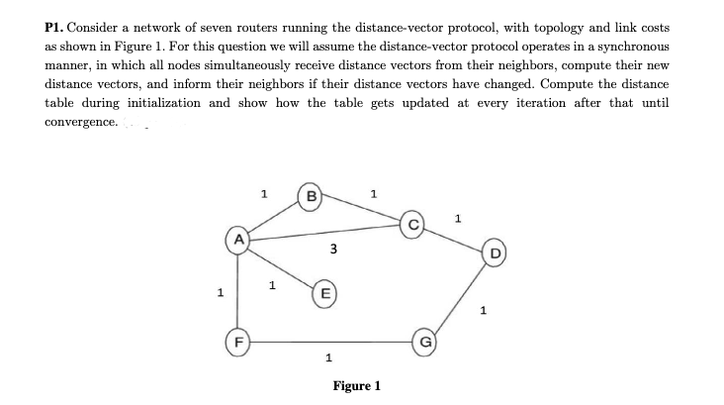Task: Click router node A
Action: [x=237, y=240]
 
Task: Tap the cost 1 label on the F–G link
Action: [x=327, y=359]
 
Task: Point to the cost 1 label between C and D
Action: [x=458, y=217]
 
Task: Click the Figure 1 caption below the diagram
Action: [x=357, y=385]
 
